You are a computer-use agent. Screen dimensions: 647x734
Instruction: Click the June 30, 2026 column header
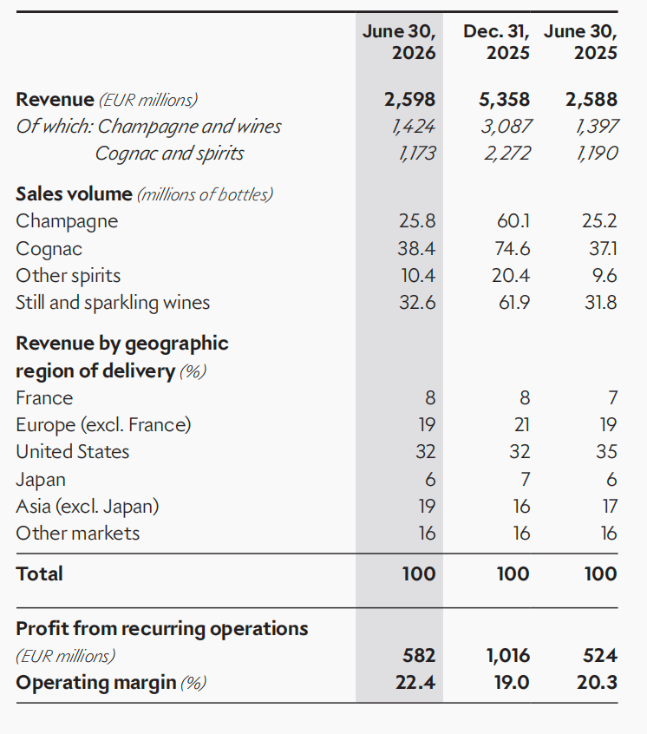click(x=399, y=43)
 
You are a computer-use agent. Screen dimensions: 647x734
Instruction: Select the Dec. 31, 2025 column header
click(x=496, y=43)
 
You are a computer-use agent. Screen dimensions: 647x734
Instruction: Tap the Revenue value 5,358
click(x=504, y=99)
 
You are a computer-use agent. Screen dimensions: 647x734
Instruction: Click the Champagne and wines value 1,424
click(x=414, y=127)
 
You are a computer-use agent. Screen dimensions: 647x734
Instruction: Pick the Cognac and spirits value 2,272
click(x=507, y=153)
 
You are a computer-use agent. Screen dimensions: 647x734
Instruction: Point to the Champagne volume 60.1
click(x=513, y=221)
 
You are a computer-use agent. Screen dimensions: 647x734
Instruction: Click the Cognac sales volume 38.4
click(x=416, y=248)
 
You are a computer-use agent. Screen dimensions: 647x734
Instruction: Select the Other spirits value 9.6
click(x=605, y=275)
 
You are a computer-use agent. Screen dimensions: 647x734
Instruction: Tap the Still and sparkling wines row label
click(x=113, y=303)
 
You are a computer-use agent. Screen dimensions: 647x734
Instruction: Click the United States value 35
click(x=606, y=452)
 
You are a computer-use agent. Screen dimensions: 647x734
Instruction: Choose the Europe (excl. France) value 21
click(x=521, y=425)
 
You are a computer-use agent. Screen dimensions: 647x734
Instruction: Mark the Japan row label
click(x=41, y=480)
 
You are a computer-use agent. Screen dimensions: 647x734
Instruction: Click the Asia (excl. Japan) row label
click(x=88, y=507)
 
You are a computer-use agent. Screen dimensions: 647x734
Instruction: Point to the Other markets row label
click(x=78, y=534)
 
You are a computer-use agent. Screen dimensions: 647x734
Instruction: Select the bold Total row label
click(x=39, y=573)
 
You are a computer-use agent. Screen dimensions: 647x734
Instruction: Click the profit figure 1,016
click(x=508, y=655)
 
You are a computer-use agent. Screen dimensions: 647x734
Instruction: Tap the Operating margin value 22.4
click(x=415, y=683)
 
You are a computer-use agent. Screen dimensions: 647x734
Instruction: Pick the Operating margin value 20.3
click(x=597, y=683)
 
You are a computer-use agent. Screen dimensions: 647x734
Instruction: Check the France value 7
click(x=613, y=398)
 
